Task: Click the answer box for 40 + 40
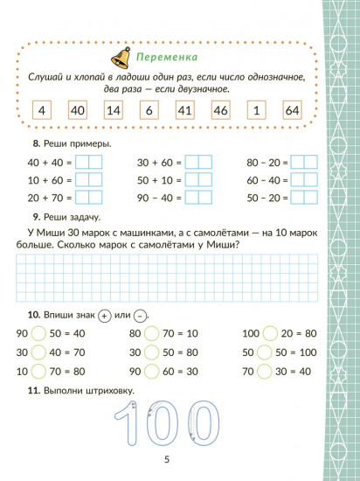pyautogui.click(x=88, y=162)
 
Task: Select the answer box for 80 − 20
pyautogui.click(x=303, y=162)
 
